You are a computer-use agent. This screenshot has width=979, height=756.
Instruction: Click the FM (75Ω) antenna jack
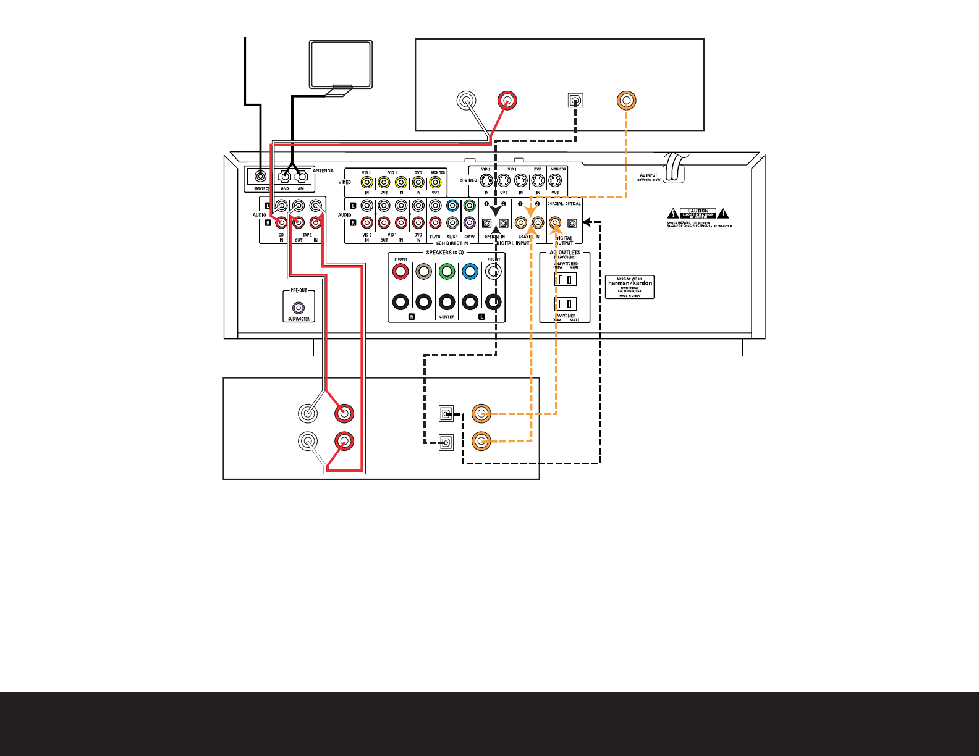point(261,175)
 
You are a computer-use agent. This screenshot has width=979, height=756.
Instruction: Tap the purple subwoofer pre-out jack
point(299,307)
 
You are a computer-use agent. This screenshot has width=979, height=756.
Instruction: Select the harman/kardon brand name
point(630,283)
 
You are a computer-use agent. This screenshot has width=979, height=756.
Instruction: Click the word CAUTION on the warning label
point(698,211)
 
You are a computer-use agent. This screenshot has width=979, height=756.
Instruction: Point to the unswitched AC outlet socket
point(564,279)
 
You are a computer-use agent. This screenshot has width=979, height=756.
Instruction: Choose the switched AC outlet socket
point(564,304)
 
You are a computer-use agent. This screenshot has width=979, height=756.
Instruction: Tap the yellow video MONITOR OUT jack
point(436,182)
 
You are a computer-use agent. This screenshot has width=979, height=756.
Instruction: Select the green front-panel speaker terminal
point(447,271)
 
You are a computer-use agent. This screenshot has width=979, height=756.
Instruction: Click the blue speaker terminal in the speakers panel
point(470,271)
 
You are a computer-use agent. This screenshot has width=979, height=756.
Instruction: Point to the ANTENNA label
point(323,171)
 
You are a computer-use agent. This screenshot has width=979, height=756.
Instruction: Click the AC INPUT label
point(649,175)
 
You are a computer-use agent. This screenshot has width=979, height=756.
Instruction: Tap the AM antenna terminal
point(301,175)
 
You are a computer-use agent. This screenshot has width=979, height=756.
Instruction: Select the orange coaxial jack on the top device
point(627,100)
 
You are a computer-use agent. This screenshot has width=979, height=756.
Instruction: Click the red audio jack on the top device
point(507,100)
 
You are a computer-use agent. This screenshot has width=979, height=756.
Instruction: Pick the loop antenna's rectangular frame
point(341,64)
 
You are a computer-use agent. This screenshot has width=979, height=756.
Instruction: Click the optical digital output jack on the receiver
point(572,223)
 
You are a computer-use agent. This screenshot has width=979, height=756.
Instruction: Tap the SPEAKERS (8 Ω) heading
point(445,253)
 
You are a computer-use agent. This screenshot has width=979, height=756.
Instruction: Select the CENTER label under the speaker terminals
point(447,317)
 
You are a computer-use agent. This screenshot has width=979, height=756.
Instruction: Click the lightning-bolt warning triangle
point(674,214)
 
